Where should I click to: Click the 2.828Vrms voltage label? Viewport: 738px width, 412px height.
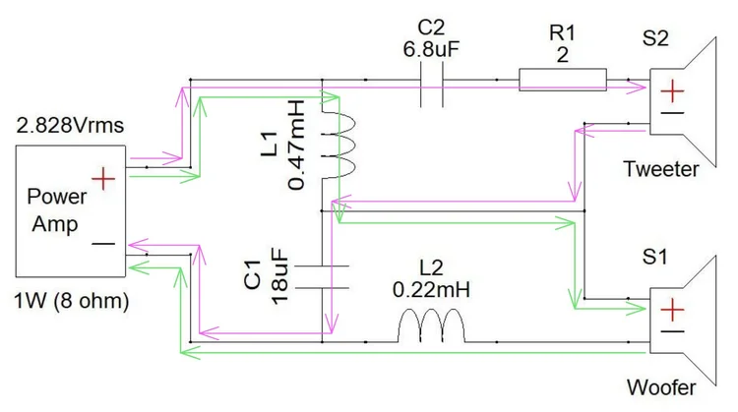70,126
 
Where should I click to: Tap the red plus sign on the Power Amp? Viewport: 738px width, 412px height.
103,179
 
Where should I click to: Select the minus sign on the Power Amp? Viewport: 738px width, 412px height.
103,244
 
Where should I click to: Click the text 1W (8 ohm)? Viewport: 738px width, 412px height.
72,301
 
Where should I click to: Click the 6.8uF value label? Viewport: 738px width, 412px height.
431,49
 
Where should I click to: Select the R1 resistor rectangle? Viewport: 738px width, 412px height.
563,80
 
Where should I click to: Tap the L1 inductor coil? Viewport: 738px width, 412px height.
338,146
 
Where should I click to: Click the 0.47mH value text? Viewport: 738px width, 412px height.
296,145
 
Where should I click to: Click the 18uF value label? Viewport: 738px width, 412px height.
279,276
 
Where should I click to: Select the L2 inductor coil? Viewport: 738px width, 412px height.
431,325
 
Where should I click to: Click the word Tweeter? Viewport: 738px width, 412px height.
661,169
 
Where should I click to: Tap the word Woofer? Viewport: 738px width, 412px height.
661,387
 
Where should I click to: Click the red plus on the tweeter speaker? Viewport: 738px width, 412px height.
672,91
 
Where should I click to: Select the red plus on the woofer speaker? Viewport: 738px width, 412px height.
672,310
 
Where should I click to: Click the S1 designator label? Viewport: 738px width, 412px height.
655,258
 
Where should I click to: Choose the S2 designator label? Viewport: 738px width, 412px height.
655,38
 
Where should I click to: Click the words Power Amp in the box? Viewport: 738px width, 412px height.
57,210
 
